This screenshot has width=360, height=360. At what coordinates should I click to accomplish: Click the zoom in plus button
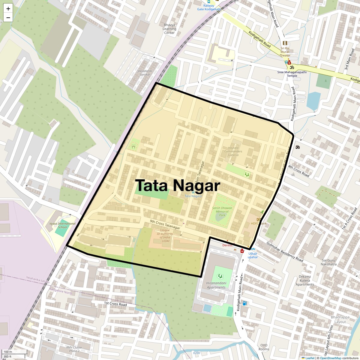coord(8,9)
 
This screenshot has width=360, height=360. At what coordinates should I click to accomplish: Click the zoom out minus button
coord(8,17)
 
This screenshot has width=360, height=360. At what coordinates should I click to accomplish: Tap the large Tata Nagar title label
coord(178,186)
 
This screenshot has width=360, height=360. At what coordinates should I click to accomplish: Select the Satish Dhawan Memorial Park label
coord(222,211)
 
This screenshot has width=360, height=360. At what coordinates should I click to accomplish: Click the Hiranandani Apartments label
coord(216,285)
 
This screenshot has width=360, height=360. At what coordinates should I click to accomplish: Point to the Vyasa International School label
coord(62,225)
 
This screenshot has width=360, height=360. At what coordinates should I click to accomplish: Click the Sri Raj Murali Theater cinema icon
coord(285,43)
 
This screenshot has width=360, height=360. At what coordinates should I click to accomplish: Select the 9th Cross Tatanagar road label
coord(165,225)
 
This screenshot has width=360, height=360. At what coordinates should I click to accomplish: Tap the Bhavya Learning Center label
coord(169,29)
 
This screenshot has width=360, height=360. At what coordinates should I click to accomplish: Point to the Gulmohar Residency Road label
coord(285,251)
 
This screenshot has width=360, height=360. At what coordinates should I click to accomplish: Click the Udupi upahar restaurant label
coord(253,255)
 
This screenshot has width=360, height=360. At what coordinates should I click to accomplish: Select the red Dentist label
coord(227,245)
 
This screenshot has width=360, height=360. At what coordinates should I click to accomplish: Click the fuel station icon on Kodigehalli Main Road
coord(245,303)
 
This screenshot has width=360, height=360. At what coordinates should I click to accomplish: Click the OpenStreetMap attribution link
coord(331,358)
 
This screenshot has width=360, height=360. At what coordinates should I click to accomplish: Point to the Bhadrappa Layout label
coord(340,319)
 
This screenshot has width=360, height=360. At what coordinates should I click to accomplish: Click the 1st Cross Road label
coord(115,304)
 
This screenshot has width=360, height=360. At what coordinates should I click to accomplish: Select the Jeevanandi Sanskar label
coord(145,73)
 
